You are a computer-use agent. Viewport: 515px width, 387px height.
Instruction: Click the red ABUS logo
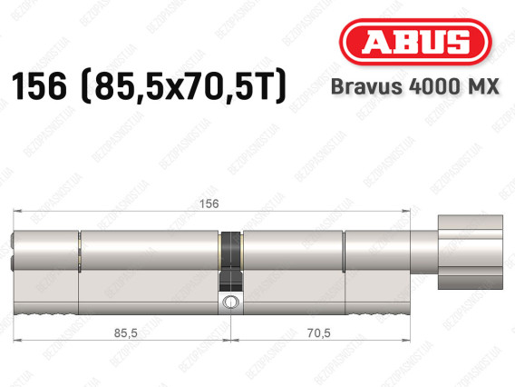(x=415, y=42)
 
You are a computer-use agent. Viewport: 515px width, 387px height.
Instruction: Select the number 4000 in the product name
(x=432, y=86)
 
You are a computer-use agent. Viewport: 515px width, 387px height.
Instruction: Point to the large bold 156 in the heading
(x=39, y=86)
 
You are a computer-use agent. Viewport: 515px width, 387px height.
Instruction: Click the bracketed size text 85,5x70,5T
(x=183, y=87)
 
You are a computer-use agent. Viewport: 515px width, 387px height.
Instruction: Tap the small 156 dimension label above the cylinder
(x=209, y=203)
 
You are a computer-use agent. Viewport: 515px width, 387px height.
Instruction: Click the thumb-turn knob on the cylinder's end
(x=471, y=252)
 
